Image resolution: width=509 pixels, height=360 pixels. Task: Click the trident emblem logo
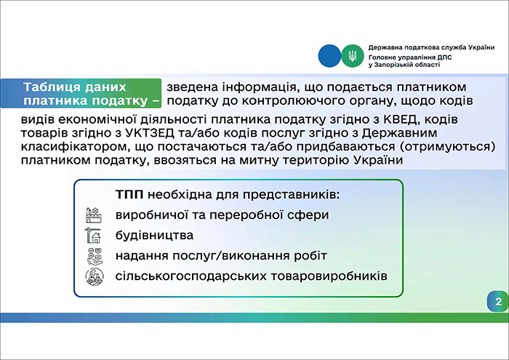point(350,55)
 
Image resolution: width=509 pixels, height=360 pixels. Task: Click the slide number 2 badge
point(497,301)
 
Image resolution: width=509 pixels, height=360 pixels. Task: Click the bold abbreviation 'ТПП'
point(129,196)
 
